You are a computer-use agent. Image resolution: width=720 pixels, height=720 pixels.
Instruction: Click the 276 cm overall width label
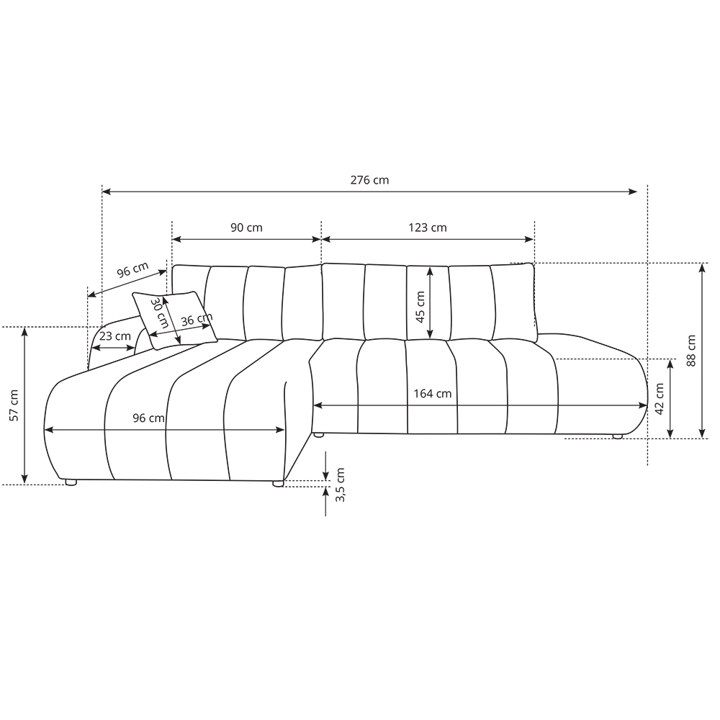(x=369, y=180)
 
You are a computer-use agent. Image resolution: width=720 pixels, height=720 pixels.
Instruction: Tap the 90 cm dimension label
(x=246, y=228)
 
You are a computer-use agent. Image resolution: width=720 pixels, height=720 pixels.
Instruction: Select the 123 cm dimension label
(x=428, y=228)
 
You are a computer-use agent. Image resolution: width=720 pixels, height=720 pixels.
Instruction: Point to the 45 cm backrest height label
(x=420, y=307)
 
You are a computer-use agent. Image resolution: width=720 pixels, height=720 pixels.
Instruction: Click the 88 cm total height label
(x=691, y=351)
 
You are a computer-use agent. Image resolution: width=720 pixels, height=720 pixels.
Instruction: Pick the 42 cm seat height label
(x=660, y=399)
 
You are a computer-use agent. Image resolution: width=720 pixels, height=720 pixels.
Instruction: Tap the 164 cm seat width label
(x=433, y=394)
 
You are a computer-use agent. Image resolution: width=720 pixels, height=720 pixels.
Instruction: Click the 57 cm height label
(x=14, y=405)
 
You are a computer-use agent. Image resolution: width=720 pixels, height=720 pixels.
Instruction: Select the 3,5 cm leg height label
(x=341, y=485)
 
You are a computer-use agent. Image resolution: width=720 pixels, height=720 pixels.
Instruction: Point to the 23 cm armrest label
(x=114, y=336)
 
